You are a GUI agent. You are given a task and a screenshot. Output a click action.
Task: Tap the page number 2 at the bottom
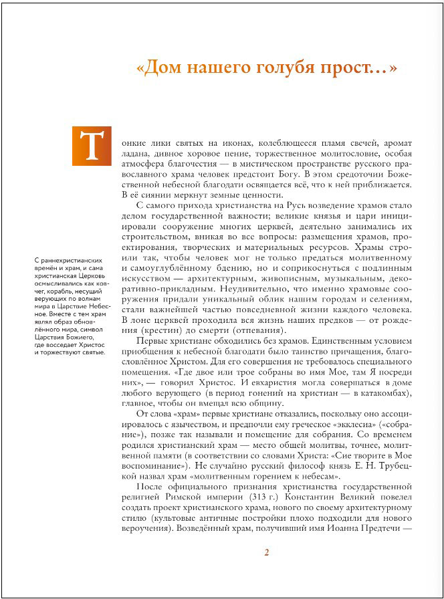pos(266,552)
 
